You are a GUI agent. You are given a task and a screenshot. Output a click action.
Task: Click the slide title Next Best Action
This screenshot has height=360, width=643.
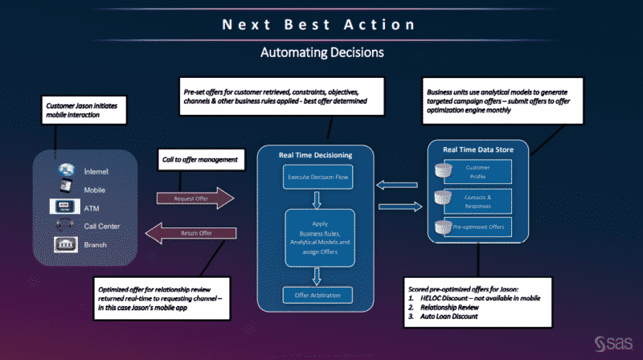(x=321, y=24)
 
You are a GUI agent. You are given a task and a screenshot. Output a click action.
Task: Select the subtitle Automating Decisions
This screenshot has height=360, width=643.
(x=321, y=53)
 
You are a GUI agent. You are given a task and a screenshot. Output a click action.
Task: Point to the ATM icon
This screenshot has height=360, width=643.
(x=66, y=208)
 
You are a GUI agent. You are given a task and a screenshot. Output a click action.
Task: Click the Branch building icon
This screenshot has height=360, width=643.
(x=66, y=244)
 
